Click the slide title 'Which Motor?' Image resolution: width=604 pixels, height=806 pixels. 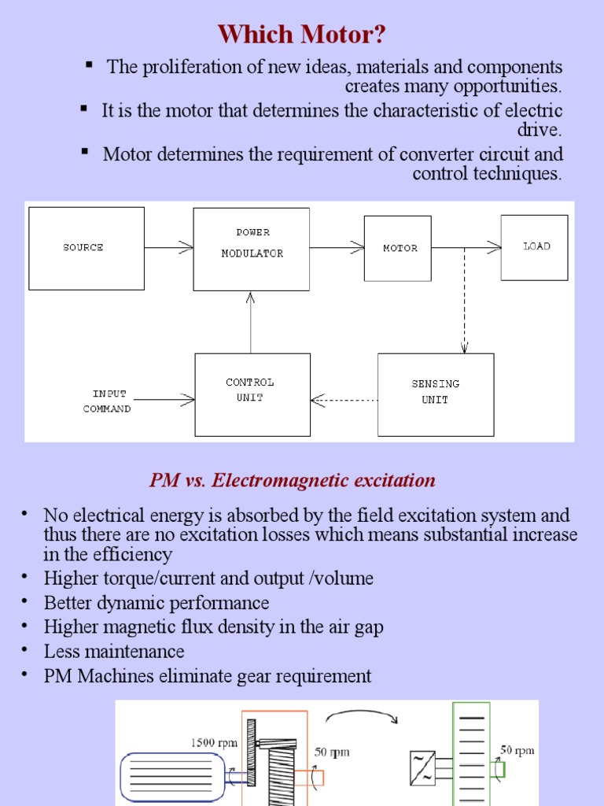pos(301,35)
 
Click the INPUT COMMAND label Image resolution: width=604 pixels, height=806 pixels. pos(107,401)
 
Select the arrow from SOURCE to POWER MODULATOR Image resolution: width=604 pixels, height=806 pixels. pos(169,248)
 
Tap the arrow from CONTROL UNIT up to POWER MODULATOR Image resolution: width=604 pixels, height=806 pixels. pos(251,323)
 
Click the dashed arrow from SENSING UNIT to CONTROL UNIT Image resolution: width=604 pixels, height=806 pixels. pos(344,400)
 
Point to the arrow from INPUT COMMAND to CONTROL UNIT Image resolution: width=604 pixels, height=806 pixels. pos(164,399)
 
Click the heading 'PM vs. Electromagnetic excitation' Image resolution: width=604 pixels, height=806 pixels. pos(293,480)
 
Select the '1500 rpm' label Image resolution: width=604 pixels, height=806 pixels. pos(214,742)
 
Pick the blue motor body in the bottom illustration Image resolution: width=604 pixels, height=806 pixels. pos(172,777)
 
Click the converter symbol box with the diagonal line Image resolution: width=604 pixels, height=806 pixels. pos(422,768)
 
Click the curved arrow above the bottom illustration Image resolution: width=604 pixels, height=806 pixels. pos(361,712)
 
